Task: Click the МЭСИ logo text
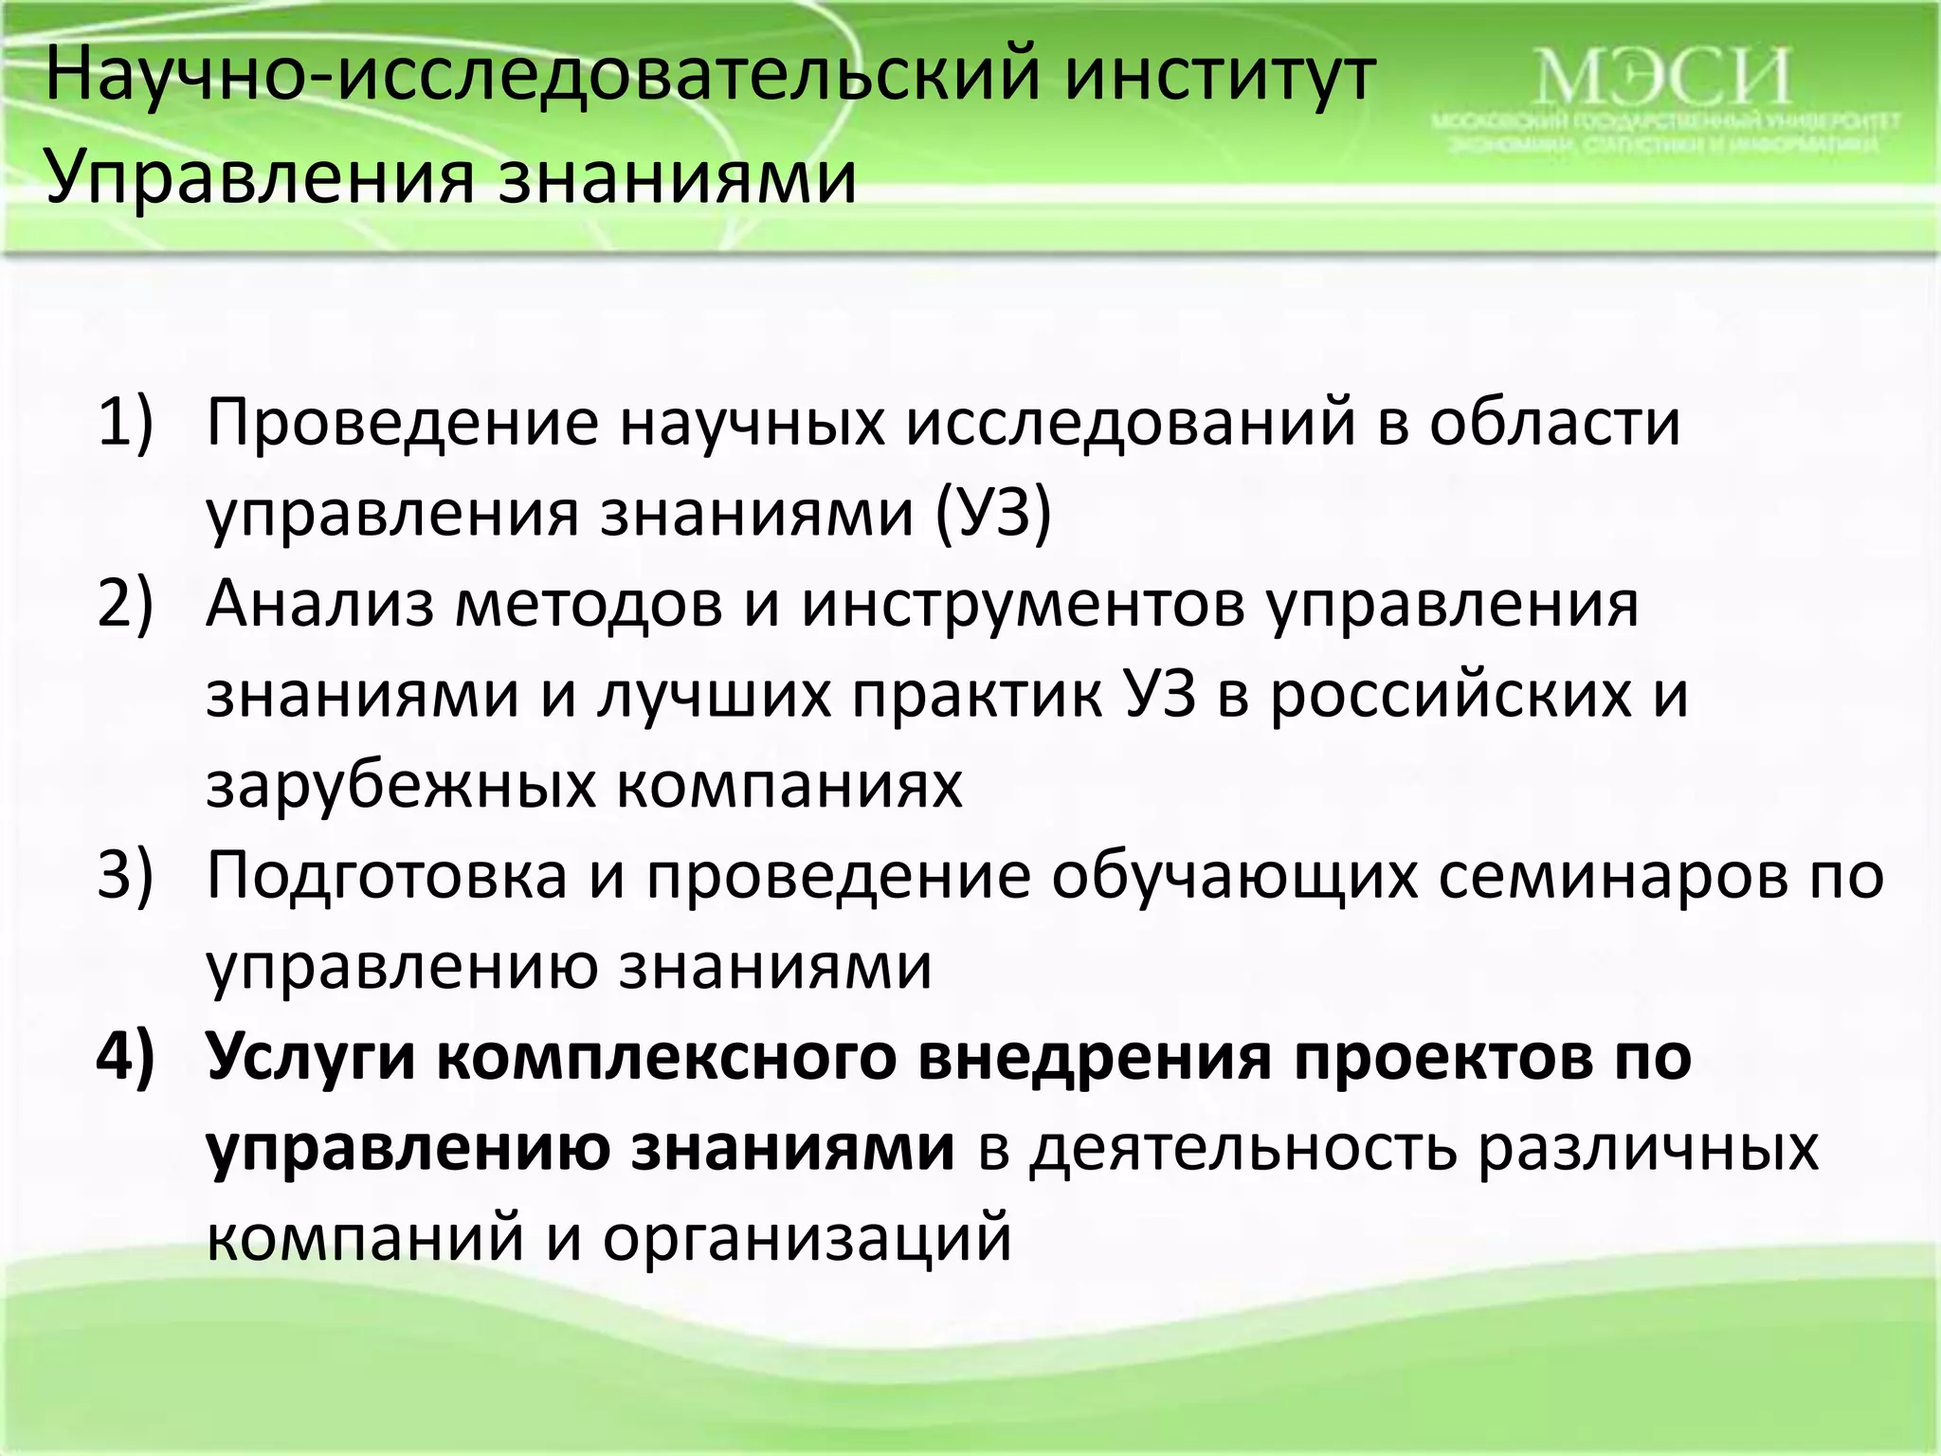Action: point(1662,78)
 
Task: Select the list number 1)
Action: point(126,423)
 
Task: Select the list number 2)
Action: point(126,605)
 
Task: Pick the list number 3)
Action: point(126,876)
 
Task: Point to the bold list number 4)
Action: point(126,1056)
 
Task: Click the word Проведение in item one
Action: point(403,423)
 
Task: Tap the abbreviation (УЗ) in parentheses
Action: point(994,515)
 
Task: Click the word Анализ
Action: point(317,605)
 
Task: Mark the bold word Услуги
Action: point(312,1056)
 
